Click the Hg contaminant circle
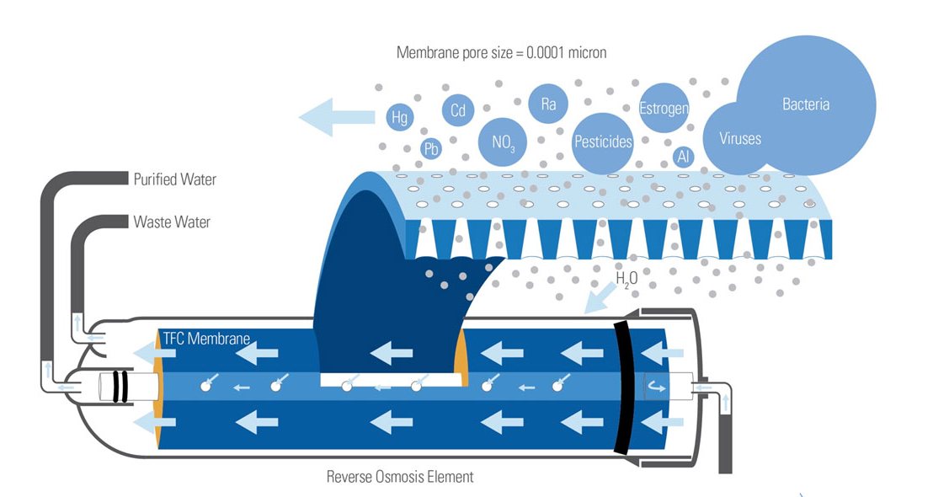[x=399, y=117]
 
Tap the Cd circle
[x=457, y=110]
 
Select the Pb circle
[x=430, y=148]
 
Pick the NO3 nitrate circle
[x=502, y=142]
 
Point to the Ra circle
[x=548, y=104]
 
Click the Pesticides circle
[x=602, y=142]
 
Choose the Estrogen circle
[x=664, y=109]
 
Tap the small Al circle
[x=683, y=157]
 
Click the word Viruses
[x=739, y=139]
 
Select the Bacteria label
[x=806, y=104]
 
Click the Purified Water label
[x=174, y=179]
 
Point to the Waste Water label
[x=172, y=222]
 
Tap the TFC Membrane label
[x=205, y=339]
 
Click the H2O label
[x=626, y=279]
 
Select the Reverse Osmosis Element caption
[x=400, y=477]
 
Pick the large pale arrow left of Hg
[x=337, y=117]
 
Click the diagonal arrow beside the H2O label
[x=600, y=298]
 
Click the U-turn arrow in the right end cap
[x=656, y=387]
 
